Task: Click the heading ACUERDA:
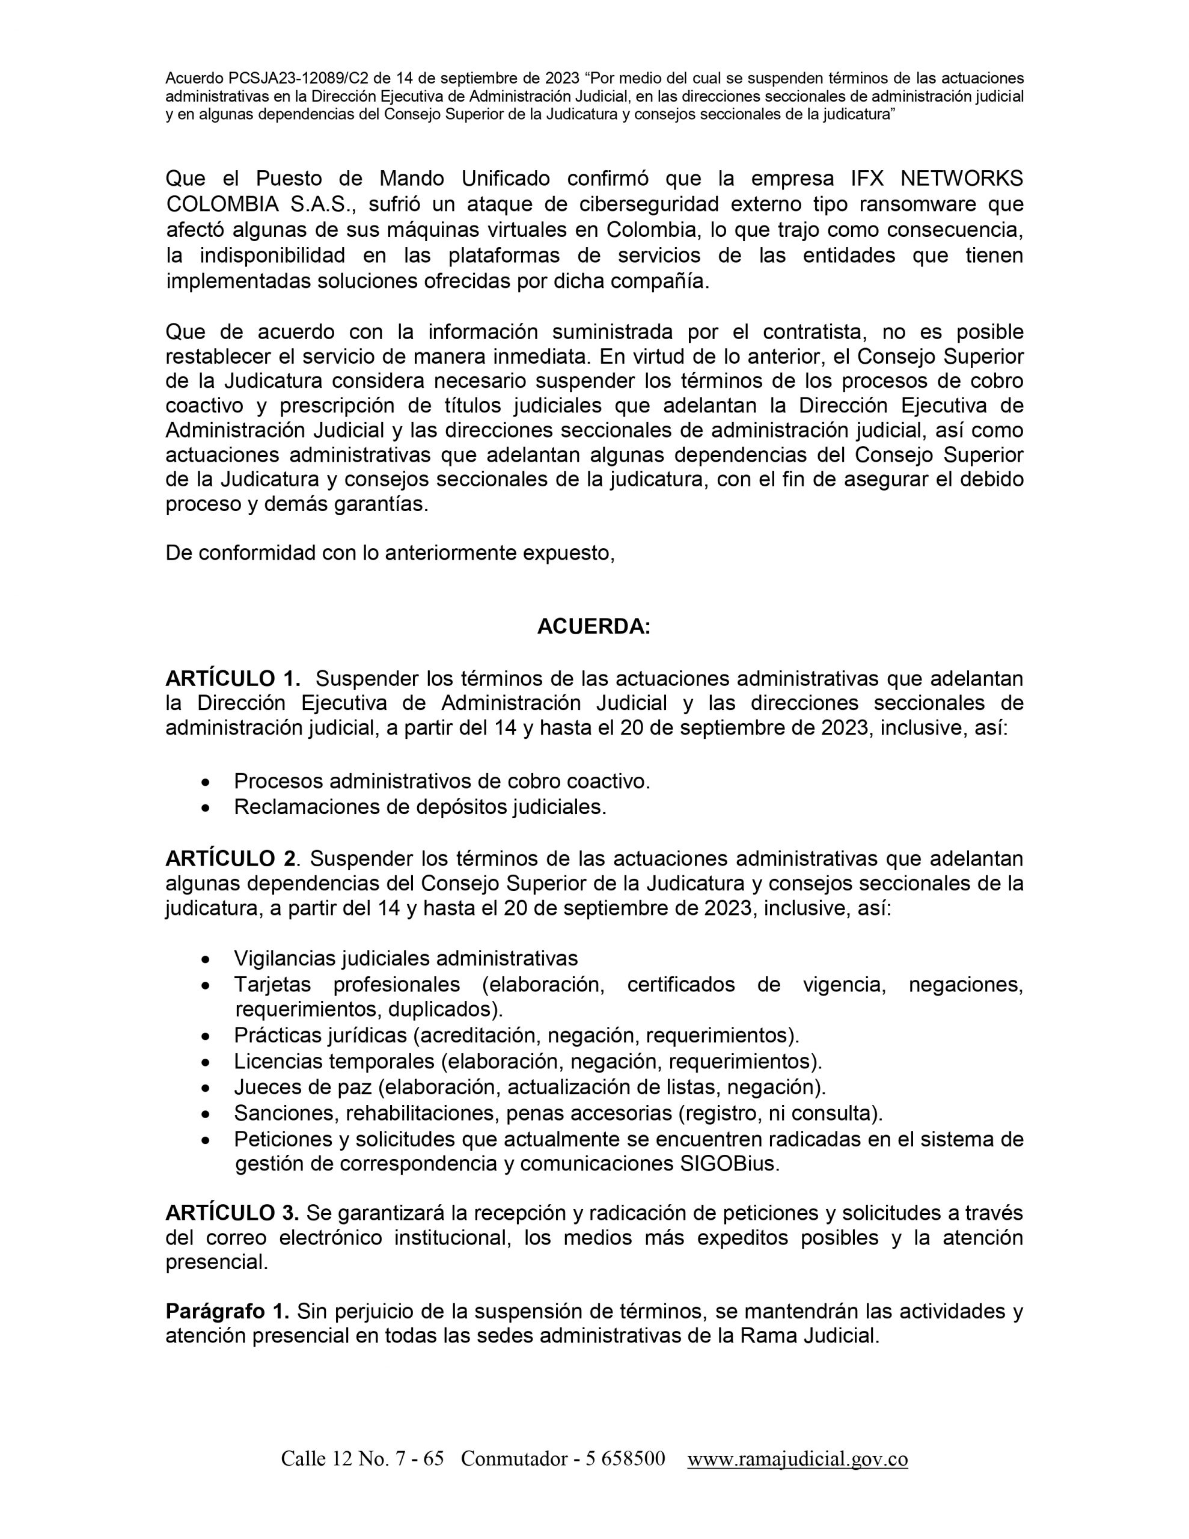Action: (593, 626)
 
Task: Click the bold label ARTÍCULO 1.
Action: (233, 679)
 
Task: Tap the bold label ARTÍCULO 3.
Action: (232, 1213)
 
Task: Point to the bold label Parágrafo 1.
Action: (227, 1311)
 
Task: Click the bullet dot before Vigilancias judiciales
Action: (205, 959)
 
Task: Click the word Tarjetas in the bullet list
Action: (275, 985)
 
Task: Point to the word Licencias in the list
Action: (278, 1061)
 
